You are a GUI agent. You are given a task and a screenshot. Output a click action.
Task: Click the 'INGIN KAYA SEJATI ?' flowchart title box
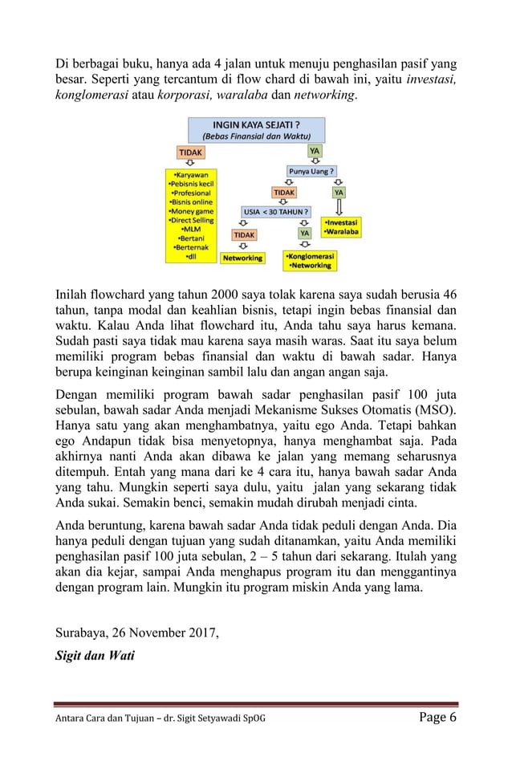[x=256, y=130]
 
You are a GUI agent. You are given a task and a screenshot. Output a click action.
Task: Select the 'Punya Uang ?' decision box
[x=312, y=171]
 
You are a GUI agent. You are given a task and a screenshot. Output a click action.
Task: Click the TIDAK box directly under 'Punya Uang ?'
[x=284, y=193]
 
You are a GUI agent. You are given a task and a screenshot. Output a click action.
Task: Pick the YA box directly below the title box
[x=316, y=150]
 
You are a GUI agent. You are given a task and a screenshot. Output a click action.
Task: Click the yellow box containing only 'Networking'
[x=243, y=258]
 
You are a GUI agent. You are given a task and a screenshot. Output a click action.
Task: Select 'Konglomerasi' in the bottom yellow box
[x=311, y=256]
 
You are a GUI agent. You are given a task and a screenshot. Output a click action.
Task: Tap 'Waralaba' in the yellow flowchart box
[x=342, y=231]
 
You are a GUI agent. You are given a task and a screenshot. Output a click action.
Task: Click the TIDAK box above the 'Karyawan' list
[x=190, y=151]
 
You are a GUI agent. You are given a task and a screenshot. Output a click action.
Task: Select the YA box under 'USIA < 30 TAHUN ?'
[x=304, y=233]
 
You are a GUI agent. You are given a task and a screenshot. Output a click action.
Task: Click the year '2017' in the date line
[x=201, y=632]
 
